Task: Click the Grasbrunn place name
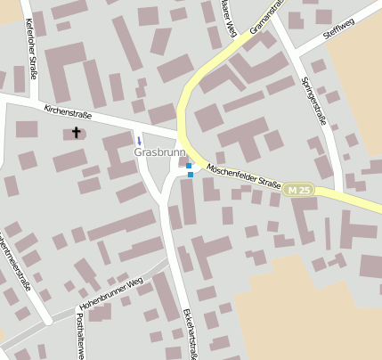158,152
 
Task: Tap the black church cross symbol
76,133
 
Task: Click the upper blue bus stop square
189,165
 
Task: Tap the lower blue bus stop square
191,175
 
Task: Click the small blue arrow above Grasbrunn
138,140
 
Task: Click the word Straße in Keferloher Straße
32,61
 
